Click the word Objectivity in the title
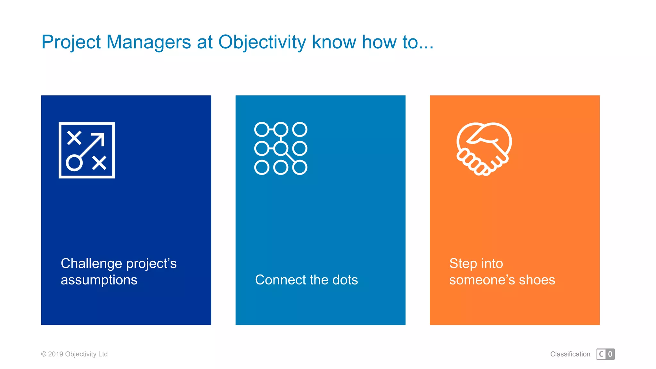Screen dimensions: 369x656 coord(262,42)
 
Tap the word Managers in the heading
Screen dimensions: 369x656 coord(148,42)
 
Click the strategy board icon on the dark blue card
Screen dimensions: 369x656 coord(86,150)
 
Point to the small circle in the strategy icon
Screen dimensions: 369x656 coord(74,163)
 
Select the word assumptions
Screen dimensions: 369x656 coord(99,280)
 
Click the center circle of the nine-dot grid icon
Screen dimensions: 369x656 coord(281,148)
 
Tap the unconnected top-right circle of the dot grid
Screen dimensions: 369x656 coord(300,129)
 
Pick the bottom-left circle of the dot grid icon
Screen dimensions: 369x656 coord(262,168)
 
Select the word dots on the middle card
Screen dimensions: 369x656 coord(345,280)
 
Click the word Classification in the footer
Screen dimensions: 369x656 coord(570,354)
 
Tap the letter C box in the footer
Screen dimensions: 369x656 coord(601,354)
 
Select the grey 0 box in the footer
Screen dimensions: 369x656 coord(610,354)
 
